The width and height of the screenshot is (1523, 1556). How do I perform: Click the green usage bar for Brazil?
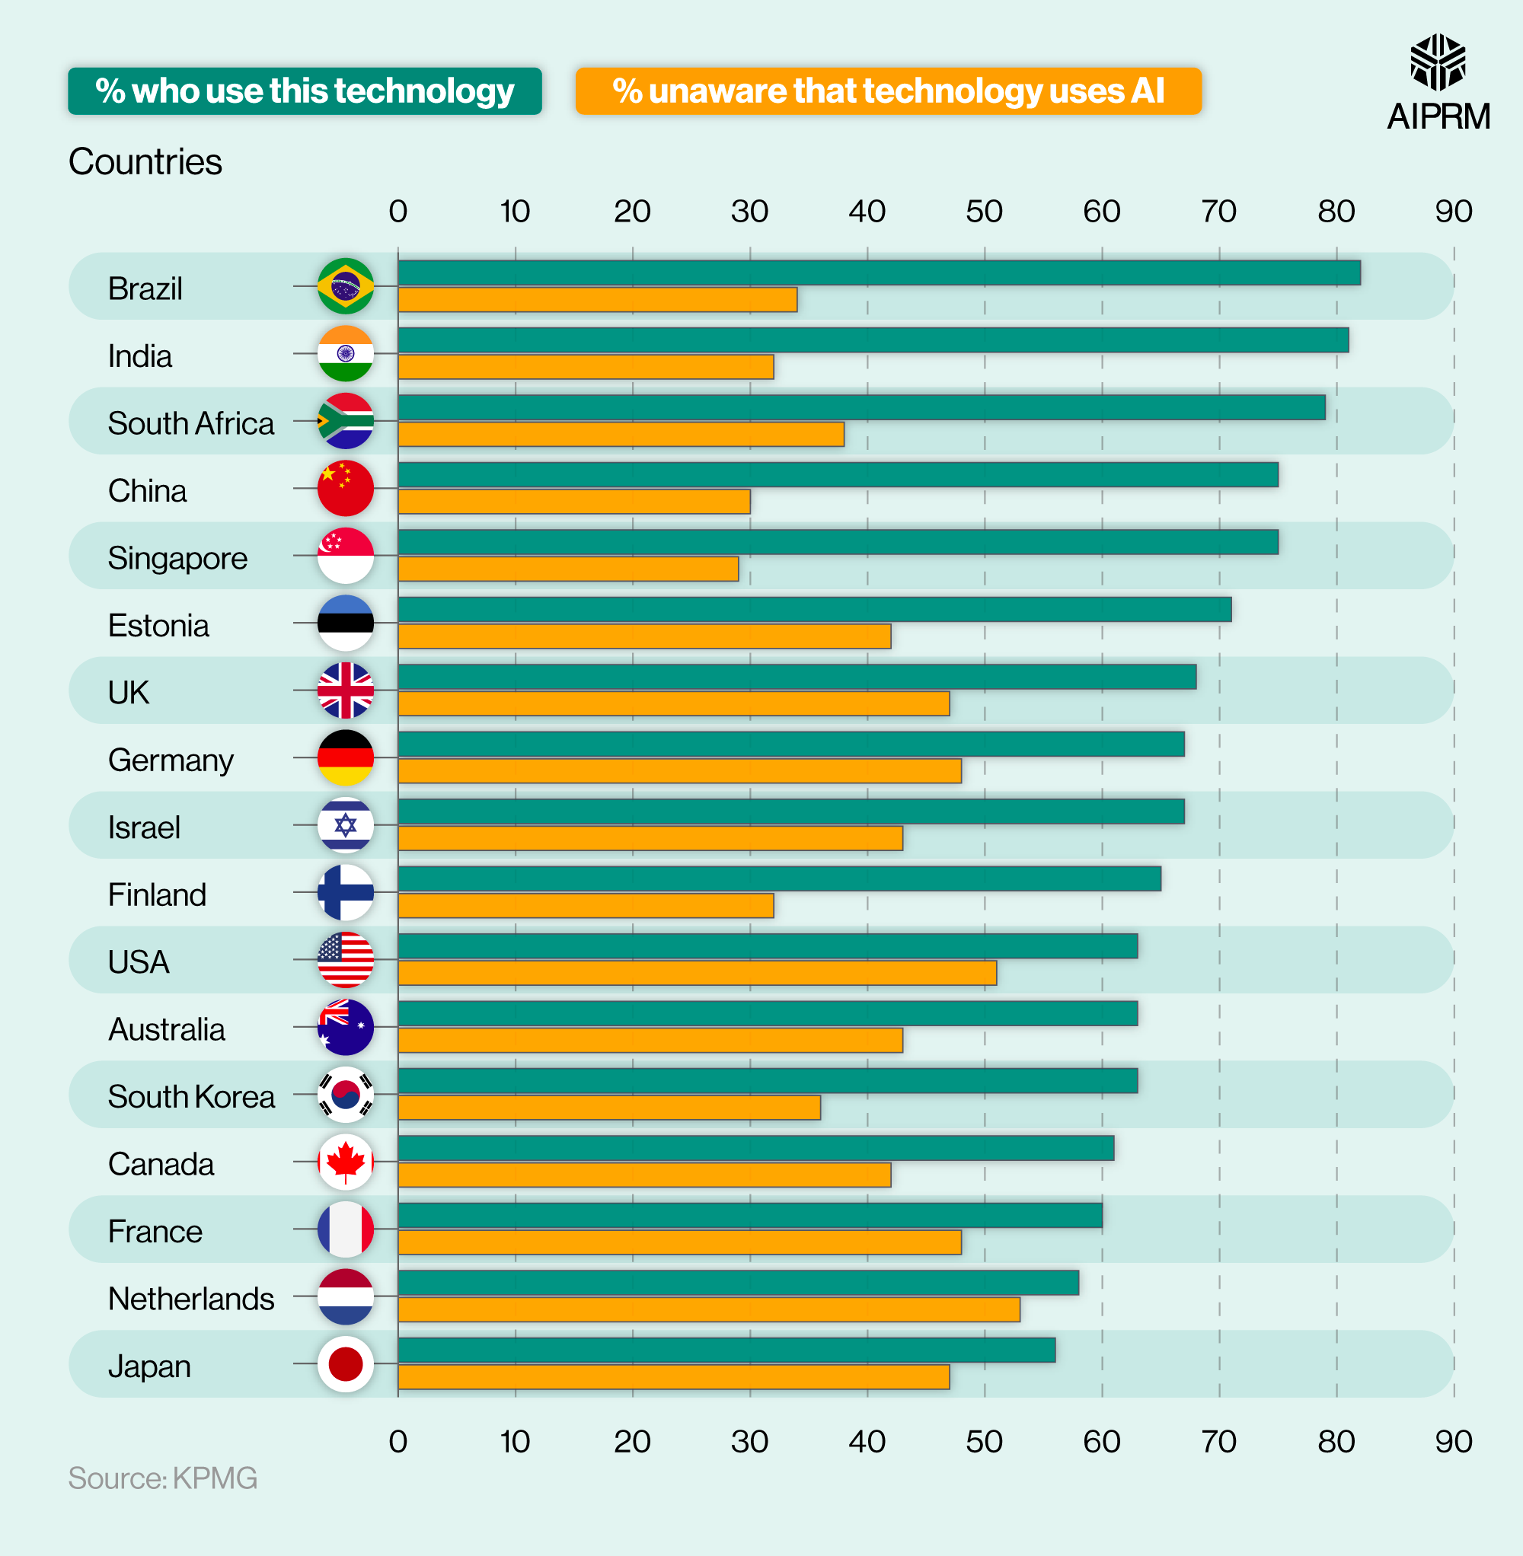(878, 273)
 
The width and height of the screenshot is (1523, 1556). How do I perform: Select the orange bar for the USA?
(697, 973)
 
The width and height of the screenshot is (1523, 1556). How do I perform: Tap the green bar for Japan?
(726, 1350)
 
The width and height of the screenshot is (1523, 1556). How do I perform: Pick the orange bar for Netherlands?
(709, 1309)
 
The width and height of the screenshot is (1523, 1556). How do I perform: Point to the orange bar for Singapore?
(568, 569)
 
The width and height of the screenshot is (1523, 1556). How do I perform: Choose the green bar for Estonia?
(814, 609)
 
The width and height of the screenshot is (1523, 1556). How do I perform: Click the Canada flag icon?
(346, 1162)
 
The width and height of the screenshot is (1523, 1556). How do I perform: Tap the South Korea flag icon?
(346, 1095)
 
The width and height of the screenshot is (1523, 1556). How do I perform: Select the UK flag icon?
(346, 690)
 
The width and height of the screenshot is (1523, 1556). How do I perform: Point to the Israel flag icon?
(346, 825)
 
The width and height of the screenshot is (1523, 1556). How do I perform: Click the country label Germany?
(171, 760)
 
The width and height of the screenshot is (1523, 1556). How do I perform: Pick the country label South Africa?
(190, 423)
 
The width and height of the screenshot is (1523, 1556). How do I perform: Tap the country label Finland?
(157, 894)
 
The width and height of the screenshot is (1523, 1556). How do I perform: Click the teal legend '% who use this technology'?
(305, 91)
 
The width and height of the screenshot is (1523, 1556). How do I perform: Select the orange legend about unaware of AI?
(888, 91)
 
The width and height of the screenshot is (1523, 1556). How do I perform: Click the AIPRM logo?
(1438, 82)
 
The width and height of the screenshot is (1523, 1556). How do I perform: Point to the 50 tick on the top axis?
(984, 211)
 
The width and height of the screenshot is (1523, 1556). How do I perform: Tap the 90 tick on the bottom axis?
(1454, 1442)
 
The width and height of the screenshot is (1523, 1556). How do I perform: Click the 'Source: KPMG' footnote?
(162, 1478)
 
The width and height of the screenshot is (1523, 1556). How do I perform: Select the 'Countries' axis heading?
(145, 161)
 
